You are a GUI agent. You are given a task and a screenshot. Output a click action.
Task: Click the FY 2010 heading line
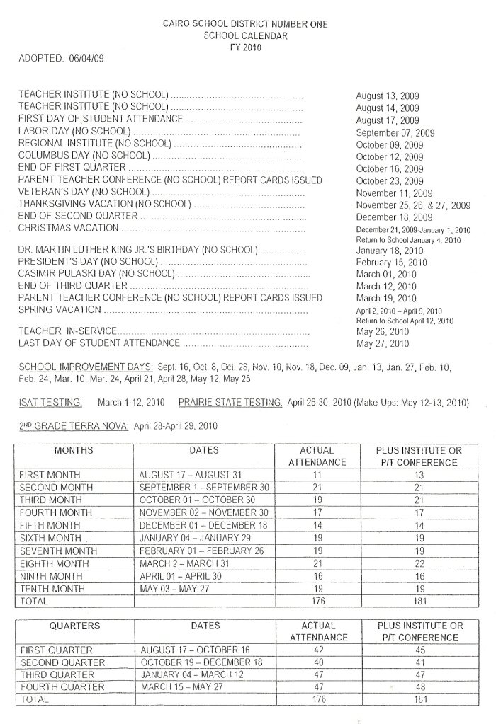point(245,47)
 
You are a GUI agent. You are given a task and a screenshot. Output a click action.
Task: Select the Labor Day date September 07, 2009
point(395,132)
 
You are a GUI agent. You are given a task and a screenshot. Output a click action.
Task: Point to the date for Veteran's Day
point(394,193)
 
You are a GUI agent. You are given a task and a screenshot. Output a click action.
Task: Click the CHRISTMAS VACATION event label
point(68,228)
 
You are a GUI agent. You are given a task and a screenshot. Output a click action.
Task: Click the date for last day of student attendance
point(383,344)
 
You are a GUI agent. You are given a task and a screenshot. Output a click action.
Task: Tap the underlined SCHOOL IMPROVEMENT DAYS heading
point(86,367)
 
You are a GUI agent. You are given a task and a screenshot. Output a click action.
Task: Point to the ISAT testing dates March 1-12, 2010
point(131,403)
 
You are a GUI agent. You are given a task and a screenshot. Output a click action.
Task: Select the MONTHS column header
point(74,450)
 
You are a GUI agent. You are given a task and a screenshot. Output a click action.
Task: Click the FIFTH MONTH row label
point(50,525)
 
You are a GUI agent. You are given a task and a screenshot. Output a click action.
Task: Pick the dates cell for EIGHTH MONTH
point(186,563)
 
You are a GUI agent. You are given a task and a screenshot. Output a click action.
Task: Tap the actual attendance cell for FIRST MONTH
point(317,474)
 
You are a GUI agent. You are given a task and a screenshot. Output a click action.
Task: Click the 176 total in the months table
point(317,602)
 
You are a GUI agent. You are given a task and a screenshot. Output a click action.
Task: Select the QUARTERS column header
point(74,626)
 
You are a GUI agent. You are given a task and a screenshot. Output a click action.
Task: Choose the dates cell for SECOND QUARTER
point(202,662)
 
